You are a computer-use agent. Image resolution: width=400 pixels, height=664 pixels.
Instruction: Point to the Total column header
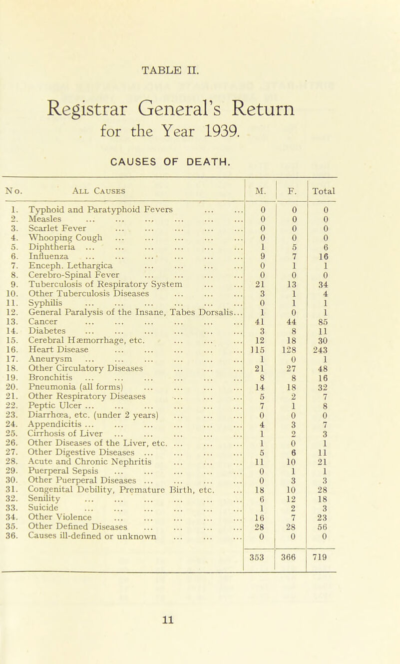pos(322,176)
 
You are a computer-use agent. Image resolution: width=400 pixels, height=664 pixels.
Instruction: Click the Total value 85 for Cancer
pos(322,294)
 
